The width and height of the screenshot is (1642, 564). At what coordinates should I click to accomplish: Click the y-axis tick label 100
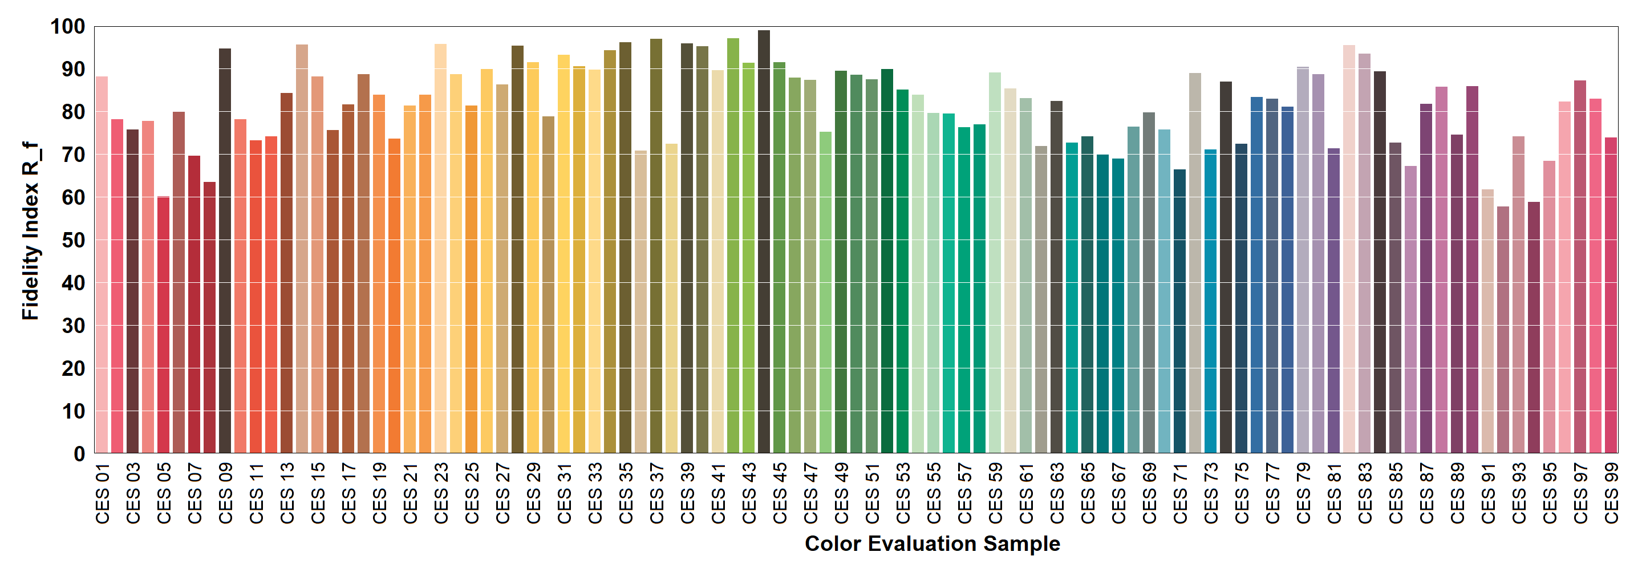pos(67,27)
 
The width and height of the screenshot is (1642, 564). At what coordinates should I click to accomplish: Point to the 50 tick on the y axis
pos(74,240)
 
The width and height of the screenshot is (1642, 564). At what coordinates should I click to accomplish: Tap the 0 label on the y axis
pos(79,454)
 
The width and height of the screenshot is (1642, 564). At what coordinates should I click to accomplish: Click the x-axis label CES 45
pos(780,493)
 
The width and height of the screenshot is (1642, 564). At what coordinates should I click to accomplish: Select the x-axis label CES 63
pos(1057,493)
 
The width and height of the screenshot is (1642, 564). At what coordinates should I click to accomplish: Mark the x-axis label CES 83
pos(1365,493)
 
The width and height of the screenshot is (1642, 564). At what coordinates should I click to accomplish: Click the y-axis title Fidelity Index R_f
pos(30,231)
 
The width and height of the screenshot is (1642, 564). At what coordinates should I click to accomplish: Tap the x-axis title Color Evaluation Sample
pos(932,543)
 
